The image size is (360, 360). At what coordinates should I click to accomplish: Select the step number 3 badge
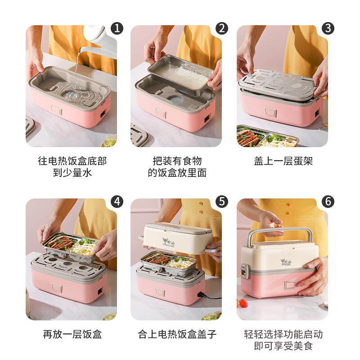pos(328,28)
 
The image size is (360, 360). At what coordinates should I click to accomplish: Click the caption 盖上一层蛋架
pos(283,161)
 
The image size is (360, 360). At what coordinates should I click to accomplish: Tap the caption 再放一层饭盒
pos(72,334)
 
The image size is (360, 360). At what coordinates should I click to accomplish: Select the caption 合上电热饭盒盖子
pos(177,334)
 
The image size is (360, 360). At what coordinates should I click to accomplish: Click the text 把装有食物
pos(177,161)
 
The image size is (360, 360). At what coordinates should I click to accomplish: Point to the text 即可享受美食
pos(283,346)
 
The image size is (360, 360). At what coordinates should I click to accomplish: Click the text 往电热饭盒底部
pos(72,161)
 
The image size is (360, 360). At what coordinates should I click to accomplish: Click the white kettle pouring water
pos(101,38)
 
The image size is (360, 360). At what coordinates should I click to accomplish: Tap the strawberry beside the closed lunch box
pos(243,303)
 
